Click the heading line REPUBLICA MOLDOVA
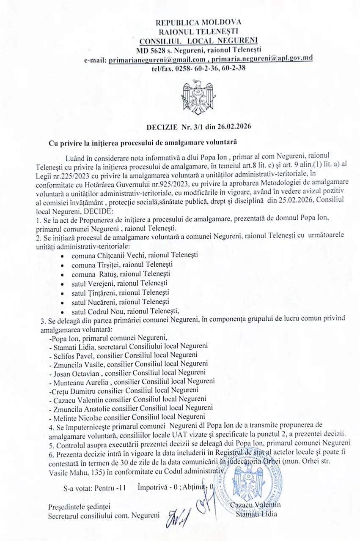(x=198, y=22)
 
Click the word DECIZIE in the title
(x=162, y=126)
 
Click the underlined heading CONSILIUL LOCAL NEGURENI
(x=198, y=41)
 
